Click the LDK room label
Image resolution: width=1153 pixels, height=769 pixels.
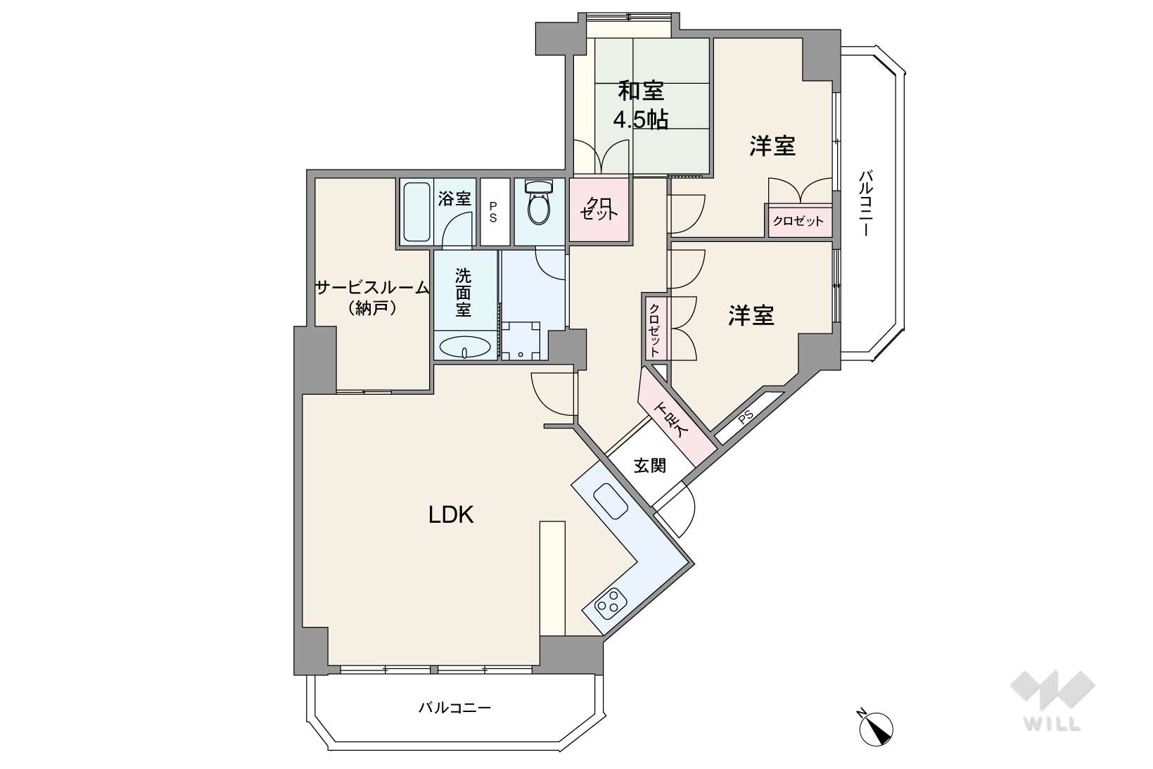coord(451,514)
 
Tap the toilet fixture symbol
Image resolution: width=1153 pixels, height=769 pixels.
coord(539,202)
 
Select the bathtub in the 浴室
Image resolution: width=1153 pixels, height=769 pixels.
coord(416,212)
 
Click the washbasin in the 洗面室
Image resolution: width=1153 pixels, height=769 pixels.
coord(465,346)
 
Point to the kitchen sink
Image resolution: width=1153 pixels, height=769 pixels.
coord(611,501)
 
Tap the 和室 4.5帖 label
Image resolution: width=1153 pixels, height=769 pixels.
coord(640,105)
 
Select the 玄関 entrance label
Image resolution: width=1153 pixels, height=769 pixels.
coord(649,465)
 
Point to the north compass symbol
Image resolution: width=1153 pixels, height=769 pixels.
coord(875,727)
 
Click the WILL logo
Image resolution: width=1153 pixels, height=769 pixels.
coord(1052,700)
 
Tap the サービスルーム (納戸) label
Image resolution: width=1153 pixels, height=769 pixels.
coord(372,298)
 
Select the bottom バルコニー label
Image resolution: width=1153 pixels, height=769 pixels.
coord(454,708)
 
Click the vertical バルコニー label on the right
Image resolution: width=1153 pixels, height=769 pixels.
coord(866,203)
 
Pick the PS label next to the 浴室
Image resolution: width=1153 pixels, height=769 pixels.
coord(493,212)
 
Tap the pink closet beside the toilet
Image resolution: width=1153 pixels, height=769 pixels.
coord(599,209)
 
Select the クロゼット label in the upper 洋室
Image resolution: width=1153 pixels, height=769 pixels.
coord(798,222)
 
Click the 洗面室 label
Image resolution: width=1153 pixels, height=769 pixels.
coord(463,293)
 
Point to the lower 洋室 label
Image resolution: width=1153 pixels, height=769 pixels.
coord(751,315)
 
